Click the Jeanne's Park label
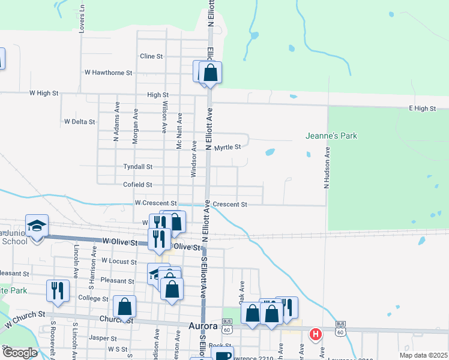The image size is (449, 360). (331, 136)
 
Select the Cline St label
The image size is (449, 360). (151, 56)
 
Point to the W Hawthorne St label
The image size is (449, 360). (108, 73)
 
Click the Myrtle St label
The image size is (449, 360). (228, 147)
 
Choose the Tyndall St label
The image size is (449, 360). (137, 167)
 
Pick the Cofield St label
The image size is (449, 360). (137, 185)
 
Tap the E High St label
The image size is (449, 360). (421, 108)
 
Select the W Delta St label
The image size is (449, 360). (79, 122)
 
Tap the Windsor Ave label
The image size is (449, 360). (193, 158)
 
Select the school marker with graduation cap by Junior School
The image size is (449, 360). (37, 226)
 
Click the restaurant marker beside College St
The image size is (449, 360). (58, 290)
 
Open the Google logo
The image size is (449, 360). (20, 353)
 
